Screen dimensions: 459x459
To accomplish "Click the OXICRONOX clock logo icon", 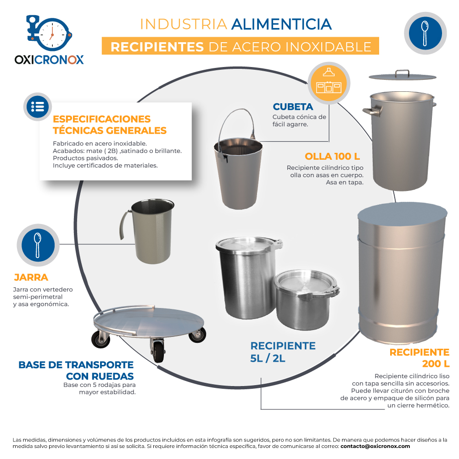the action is coord(50,33).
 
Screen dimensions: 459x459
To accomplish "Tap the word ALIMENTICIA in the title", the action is coord(281,24).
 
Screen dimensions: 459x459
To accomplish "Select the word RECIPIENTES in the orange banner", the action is coord(157,47).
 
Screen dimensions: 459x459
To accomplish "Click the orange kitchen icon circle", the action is coord(329,83).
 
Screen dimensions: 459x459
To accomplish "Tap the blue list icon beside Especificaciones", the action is coord(38,107).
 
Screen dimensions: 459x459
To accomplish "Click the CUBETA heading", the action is coord(293,107).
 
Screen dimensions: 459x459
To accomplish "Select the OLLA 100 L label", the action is coord(332,157).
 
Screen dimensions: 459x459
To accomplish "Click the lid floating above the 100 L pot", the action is coord(403,76).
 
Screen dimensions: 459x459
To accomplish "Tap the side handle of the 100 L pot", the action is coord(372,110).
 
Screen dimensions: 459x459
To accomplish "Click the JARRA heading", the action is coord(31,277).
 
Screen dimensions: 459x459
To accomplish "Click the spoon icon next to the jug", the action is coord(38,245).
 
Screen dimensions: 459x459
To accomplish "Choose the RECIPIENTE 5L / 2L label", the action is coord(283,352).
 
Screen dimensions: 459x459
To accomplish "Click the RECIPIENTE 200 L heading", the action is coord(420,358).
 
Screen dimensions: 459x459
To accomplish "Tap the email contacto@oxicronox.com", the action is coord(375,447).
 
